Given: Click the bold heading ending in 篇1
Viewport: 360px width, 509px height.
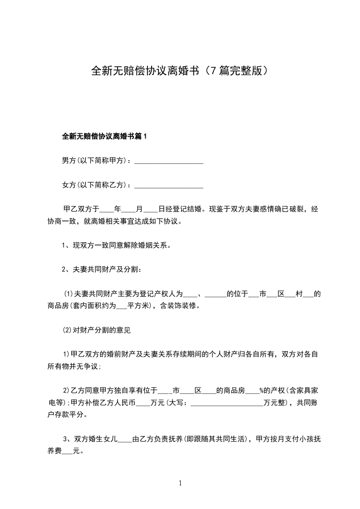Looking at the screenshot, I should coord(105,136).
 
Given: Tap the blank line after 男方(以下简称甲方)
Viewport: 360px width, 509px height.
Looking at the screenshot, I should coord(169,161).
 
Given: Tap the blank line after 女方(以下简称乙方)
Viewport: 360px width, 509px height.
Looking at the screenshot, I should coord(169,186).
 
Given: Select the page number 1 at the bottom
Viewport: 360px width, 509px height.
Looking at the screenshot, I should coord(180,483).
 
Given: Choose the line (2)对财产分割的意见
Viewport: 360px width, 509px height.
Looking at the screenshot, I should coord(97,330).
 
